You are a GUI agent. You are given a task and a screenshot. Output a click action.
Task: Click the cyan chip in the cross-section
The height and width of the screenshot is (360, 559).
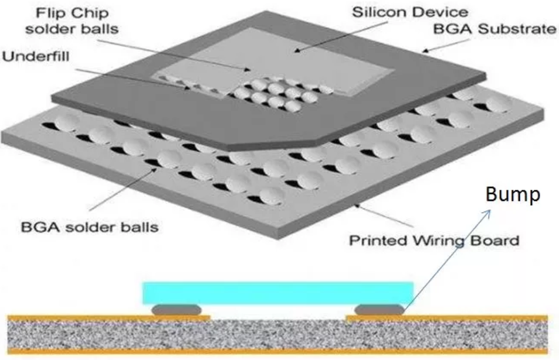(x=278, y=292)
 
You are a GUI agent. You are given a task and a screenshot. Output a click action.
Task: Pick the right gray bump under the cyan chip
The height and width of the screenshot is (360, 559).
(x=380, y=310)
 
